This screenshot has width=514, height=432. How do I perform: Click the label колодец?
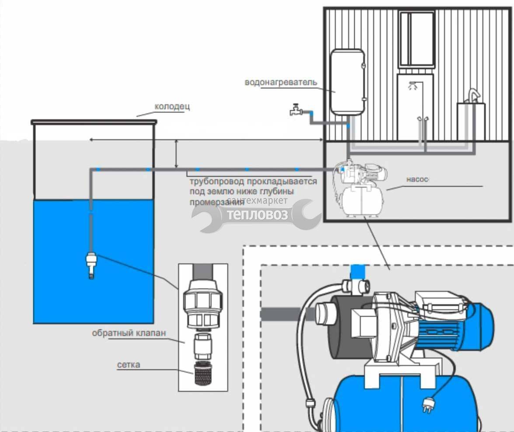(x=172, y=107)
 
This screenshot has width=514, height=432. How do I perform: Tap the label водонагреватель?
(x=281, y=82)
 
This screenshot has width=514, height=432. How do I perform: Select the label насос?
(x=417, y=179)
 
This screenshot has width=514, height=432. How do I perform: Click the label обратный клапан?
(x=129, y=333)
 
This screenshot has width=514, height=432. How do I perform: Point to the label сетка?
(x=129, y=365)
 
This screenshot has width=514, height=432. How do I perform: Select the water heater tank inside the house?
(x=347, y=82)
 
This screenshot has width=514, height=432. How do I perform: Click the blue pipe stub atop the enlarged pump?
(x=358, y=272)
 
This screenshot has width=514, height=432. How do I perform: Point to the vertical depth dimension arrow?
(x=176, y=154)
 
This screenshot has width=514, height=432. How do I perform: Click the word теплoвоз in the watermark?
(x=258, y=215)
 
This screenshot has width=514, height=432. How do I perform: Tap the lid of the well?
(x=94, y=122)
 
